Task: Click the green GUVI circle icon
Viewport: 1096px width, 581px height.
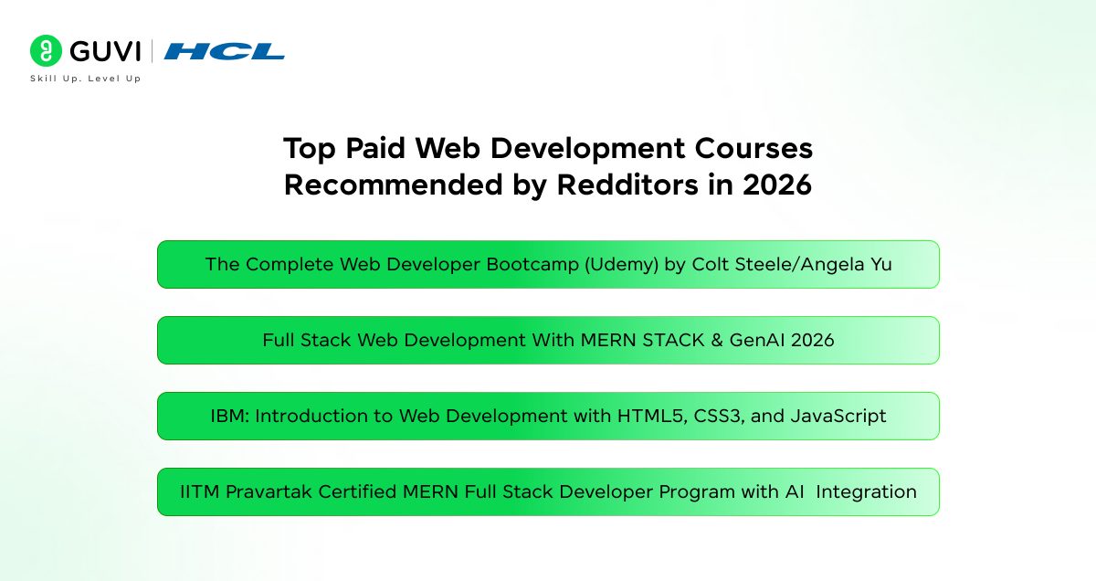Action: tap(46, 50)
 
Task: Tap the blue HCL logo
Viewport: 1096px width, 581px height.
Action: tap(224, 51)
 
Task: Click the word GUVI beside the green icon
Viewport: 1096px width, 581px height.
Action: tap(105, 51)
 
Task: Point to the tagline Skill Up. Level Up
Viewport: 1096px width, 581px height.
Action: tap(86, 79)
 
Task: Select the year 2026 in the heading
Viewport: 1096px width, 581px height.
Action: tap(777, 185)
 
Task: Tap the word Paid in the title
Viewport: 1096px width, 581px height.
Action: tap(375, 148)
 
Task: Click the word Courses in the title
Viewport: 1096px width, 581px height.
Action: tap(753, 148)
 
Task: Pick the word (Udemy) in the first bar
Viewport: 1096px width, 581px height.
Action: tap(621, 264)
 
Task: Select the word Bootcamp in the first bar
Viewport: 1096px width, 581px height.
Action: tap(532, 264)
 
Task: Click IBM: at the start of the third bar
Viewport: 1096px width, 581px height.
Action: tap(230, 416)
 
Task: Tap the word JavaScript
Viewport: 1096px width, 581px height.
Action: tap(838, 417)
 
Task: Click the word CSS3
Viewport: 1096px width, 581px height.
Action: tap(720, 416)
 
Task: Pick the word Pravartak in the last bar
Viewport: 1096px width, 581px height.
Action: tap(269, 491)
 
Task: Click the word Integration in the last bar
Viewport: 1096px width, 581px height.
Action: tap(866, 492)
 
